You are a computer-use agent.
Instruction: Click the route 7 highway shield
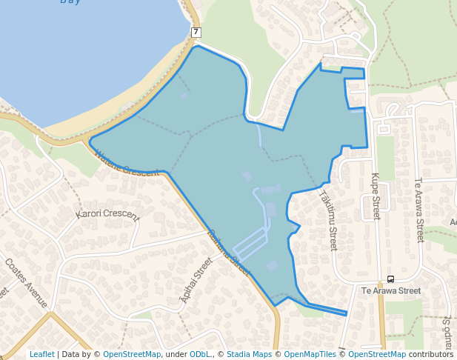point(196,32)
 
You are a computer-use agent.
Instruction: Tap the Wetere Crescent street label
point(127,163)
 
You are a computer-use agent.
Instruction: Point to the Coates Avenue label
point(26,283)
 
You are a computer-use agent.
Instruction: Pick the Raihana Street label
point(230,247)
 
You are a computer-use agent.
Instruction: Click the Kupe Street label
point(375,196)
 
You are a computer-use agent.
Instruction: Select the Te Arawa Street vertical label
point(418,210)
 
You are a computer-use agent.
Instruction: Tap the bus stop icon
point(390,279)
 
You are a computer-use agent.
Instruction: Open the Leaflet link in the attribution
point(41,354)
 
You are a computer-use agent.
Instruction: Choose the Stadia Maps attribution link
point(249,354)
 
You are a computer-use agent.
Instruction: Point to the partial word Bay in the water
point(70,2)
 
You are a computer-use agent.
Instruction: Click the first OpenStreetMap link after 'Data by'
point(131,354)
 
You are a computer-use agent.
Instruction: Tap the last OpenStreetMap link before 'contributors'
point(377,354)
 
